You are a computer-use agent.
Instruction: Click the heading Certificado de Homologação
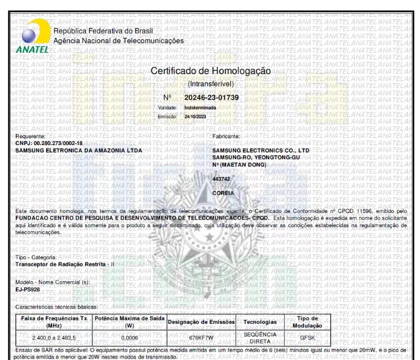[x=211, y=71]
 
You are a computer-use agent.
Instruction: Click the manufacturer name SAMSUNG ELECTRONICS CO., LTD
[x=261, y=151]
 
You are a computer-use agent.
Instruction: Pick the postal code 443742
[x=221, y=179]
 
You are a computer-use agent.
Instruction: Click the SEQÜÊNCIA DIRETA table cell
[x=257, y=337]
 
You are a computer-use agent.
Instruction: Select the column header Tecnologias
[x=257, y=322]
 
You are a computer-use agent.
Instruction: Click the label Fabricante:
[x=226, y=136]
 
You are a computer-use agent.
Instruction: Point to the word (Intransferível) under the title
[x=211, y=84]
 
